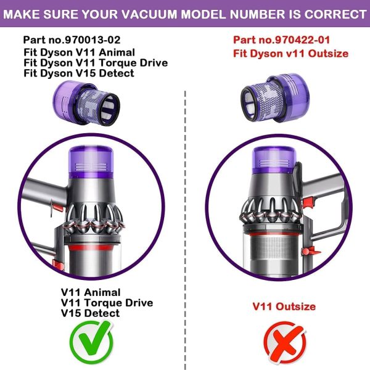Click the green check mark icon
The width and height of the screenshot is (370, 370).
click(91, 342)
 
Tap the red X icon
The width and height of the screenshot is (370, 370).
click(284, 343)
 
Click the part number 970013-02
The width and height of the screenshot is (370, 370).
click(92, 40)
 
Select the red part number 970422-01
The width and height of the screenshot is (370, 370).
click(302, 40)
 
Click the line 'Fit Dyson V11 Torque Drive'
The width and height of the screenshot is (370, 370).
click(96, 63)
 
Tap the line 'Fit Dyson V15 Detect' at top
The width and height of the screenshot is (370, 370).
click(79, 73)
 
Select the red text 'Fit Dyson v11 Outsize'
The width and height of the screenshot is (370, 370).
click(290, 54)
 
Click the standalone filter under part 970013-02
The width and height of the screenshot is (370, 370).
click(86, 103)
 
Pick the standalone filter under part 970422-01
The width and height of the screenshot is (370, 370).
click(275, 97)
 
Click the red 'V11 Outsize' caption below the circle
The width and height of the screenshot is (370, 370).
click(284, 306)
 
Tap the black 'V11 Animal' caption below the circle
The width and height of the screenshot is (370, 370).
click(91, 292)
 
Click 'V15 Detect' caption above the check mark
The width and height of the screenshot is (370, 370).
click(90, 313)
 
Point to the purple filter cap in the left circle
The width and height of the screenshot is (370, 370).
click(91, 162)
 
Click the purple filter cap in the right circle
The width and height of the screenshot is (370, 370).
click(274, 160)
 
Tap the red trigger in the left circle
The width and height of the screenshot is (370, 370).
click(57, 207)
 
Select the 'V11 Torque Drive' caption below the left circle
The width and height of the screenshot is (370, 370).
click(107, 303)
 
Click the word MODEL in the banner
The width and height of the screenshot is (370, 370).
click(203, 14)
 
